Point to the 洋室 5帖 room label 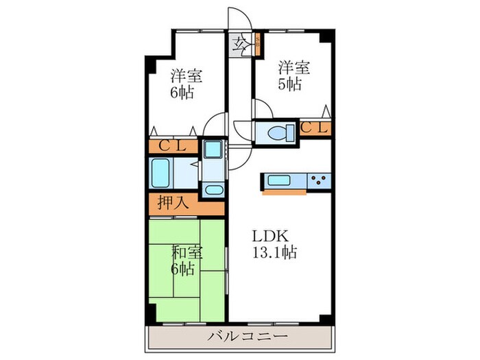[x=293, y=76]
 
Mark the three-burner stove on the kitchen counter [x=319, y=181]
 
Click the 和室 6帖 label [x=182, y=259]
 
